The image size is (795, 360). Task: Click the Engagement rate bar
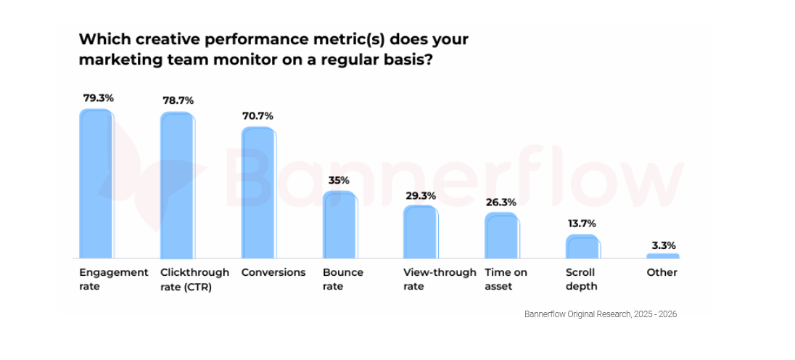tap(96, 184)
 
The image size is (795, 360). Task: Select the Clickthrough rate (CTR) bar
tap(177, 186)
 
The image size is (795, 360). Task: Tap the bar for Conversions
tap(258, 193)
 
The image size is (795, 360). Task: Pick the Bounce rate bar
tap(339, 225)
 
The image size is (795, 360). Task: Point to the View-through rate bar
tap(421, 232)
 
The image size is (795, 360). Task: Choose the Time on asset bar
tap(502, 236)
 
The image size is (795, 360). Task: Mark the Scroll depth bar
tap(582, 247)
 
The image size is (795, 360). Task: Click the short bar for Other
tap(663, 256)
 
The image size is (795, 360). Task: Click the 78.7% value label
tap(178, 100)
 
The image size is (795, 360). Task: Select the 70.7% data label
tap(258, 115)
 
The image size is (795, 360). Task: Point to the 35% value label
tap(339, 180)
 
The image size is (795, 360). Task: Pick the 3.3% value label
tap(663, 245)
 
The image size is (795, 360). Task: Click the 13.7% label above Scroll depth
tap(582, 224)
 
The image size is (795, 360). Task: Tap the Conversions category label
tap(273, 273)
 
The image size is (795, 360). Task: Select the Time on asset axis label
tap(506, 279)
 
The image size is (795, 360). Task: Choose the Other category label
tap(662, 273)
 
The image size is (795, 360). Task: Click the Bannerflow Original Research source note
tap(601, 314)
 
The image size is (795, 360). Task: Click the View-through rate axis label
tap(440, 279)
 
